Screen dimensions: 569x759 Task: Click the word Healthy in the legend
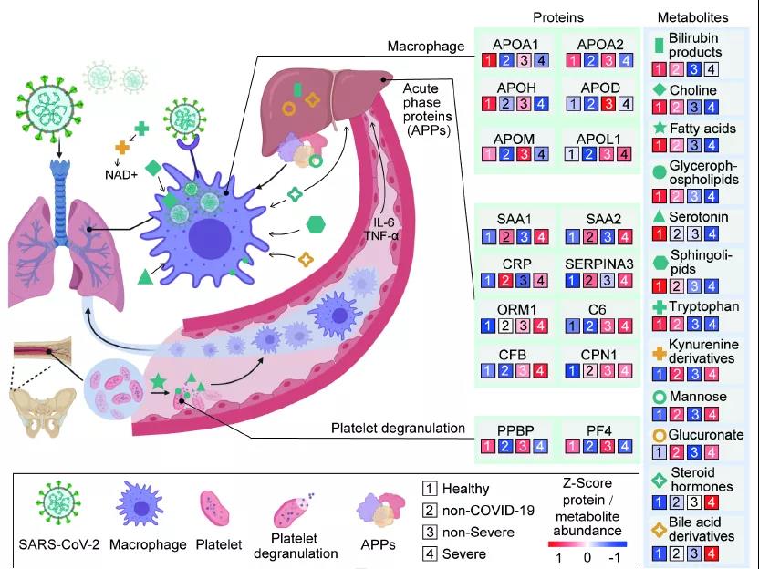[465, 490]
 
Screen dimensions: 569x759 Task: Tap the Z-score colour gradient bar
[587, 543]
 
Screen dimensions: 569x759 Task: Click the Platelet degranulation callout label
[399, 428]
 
